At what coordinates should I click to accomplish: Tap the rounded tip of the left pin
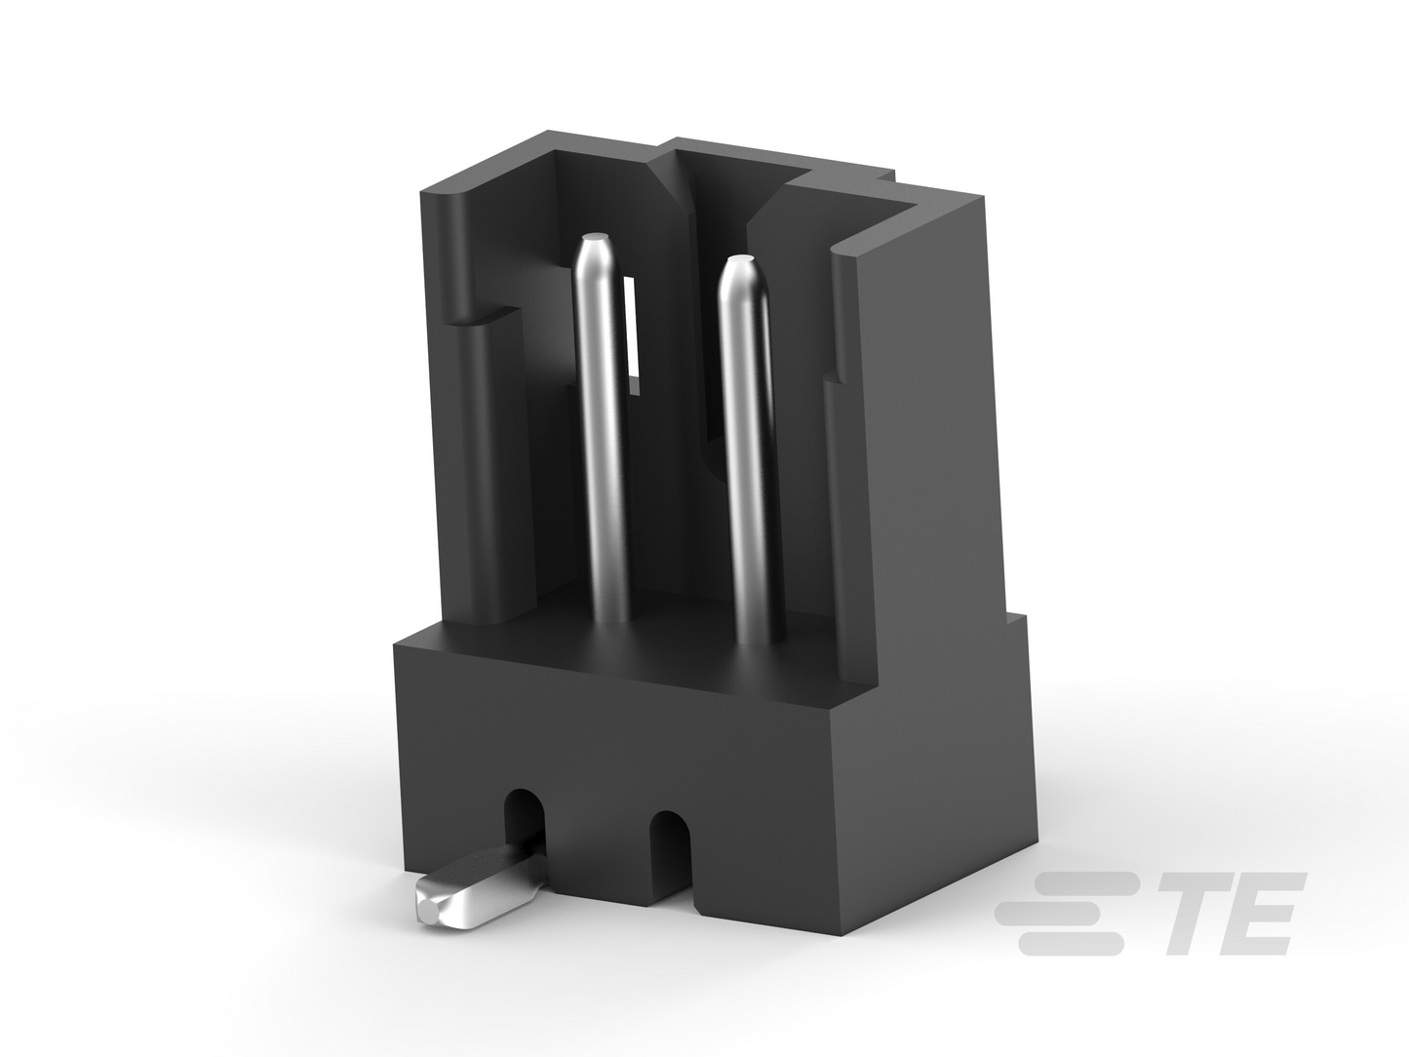tap(595, 239)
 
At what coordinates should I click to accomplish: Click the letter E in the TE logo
tap(1255, 913)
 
